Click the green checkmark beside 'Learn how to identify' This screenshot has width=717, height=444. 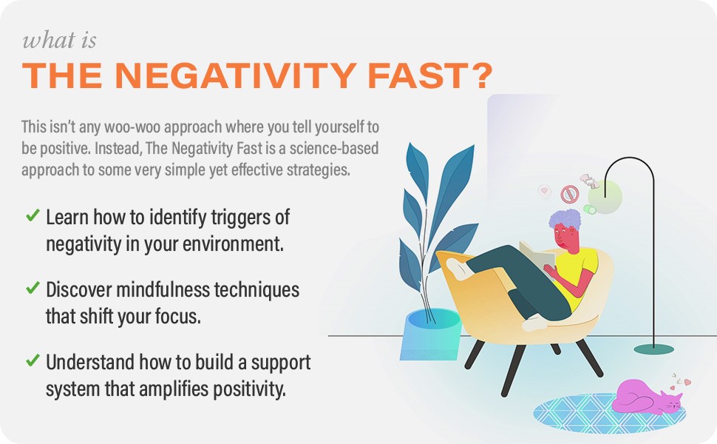tap(33, 215)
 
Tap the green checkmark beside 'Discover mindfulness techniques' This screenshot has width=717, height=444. tap(33, 288)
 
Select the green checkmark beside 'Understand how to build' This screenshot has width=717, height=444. tap(33, 360)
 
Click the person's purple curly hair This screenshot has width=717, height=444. tap(566, 220)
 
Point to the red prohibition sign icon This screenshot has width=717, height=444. tap(568, 194)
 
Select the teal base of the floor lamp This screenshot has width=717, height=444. tap(654, 346)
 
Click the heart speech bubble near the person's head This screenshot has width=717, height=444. tap(546, 191)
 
